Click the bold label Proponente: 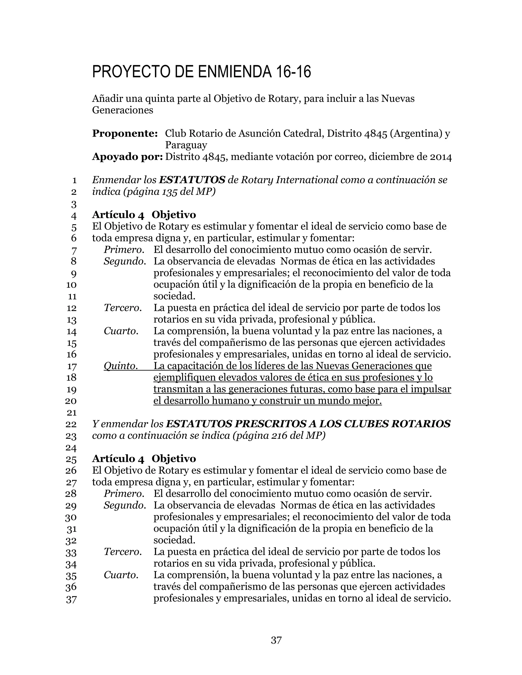click(x=125, y=133)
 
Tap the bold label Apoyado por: click(x=127, y=157)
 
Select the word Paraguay click(x=186, y=145)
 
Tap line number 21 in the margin click(x=71, y=413)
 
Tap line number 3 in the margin click(x=74, y=204)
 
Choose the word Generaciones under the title click(x=122, y=110)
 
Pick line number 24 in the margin click(x=71, y=448)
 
